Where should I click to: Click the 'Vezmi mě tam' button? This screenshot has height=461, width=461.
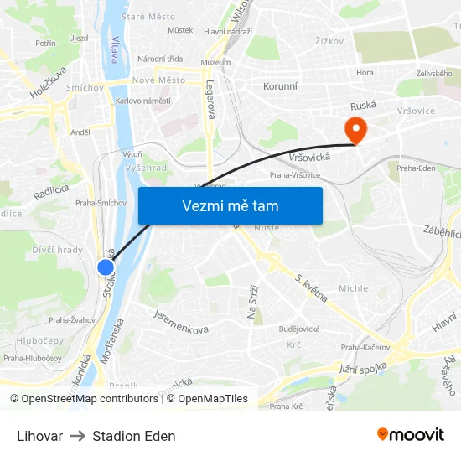230,206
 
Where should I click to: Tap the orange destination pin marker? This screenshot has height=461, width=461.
355,128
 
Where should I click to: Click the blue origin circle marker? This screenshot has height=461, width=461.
106,267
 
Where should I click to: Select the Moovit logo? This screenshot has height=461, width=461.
410,435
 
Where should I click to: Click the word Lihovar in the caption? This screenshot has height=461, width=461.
39,436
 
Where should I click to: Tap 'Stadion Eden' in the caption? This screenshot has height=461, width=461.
134,436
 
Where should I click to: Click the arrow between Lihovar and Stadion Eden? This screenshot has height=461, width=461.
77,436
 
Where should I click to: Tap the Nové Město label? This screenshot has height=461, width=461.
158,80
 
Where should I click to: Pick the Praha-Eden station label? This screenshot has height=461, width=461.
416,168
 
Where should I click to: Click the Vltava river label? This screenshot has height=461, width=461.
115,49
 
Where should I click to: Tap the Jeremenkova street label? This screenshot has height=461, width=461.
180,322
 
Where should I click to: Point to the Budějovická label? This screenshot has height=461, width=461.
299,329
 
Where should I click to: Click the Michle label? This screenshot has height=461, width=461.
353,288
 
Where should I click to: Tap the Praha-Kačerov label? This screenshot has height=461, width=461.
365,347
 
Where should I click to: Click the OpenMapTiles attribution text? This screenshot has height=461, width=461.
213,399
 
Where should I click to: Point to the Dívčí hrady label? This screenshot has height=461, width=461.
58,250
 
